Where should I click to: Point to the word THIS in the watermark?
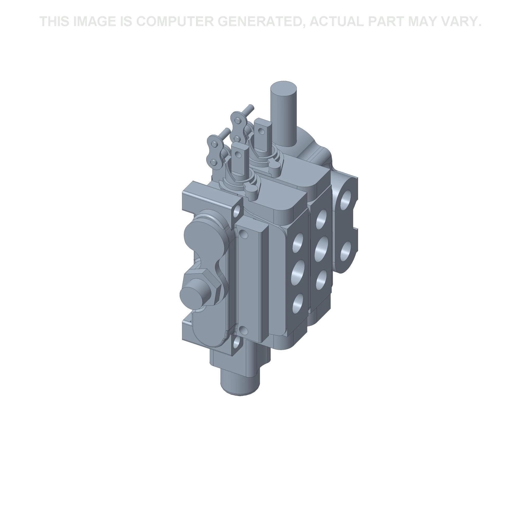(55, 21)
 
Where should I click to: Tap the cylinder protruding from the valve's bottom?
(240, 379)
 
